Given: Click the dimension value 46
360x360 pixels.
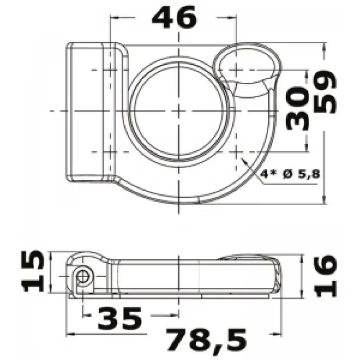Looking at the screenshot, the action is tap(174, 17).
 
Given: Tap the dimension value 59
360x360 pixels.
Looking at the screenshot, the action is tap(325, 92).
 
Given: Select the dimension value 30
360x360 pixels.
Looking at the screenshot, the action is tap(297, 108).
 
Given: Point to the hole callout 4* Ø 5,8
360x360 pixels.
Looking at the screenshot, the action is tap(290, 174).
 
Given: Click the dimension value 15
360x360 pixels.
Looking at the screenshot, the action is tap(32, 271).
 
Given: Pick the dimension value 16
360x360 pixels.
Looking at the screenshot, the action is tap(325, 276).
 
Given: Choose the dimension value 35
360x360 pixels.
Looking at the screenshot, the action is tap(120, 319).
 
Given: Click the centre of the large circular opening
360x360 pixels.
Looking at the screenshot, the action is tap(179, 111).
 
